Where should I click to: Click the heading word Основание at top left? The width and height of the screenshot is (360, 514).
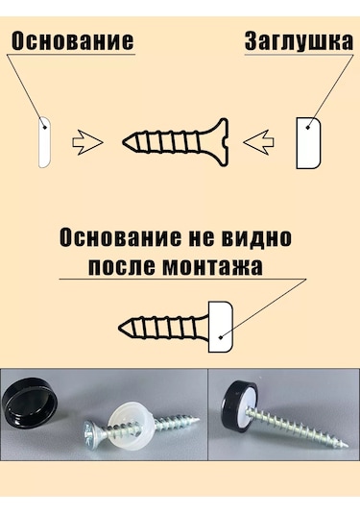coord(73,41)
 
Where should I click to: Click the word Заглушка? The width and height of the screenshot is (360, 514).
coord(300,41)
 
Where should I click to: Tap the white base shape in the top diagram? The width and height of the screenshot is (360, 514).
coord(45,142)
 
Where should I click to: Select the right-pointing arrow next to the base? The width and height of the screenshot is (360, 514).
coord(87,142)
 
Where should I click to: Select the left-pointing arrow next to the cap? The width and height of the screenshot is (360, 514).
coord(259,142)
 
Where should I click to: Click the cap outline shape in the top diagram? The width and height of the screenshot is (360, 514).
coord(308,143)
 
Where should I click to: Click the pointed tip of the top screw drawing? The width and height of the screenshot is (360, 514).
coord(124,142)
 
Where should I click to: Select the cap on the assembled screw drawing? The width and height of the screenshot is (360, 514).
coord(221,328)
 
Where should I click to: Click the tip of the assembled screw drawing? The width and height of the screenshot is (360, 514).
coord(120,328)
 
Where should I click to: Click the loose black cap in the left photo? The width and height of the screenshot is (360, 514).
coord(30,398)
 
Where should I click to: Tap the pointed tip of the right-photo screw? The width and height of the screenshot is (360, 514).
coord(347,446)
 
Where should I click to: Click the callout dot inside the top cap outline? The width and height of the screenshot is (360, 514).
coord(307,128)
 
